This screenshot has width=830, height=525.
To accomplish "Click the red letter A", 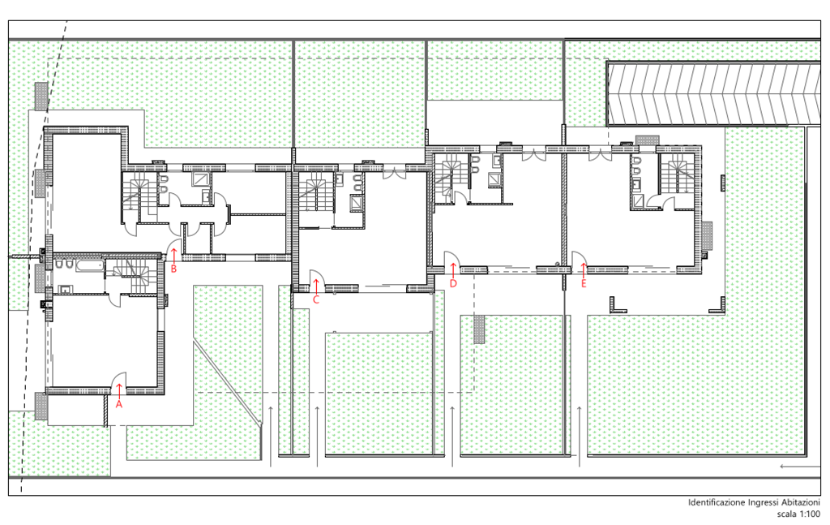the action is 119,404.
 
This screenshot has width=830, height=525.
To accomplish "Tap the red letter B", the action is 173,269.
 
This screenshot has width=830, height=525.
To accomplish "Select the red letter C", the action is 316,299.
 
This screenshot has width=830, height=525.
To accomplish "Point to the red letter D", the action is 453,283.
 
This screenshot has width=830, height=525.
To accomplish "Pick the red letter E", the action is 584,283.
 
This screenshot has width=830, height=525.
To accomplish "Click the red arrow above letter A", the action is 119,390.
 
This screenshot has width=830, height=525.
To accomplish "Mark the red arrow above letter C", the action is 316,286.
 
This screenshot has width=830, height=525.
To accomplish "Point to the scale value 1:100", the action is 809,514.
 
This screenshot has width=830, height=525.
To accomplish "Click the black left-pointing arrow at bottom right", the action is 800,467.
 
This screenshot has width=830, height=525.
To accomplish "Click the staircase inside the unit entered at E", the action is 676,174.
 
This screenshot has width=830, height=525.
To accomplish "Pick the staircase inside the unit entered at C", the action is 316,191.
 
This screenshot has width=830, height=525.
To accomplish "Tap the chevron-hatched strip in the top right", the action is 713,93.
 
